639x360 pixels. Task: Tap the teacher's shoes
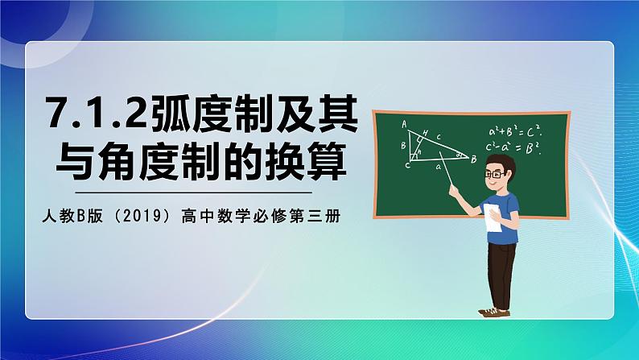494,311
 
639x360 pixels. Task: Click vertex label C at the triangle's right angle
407,165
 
